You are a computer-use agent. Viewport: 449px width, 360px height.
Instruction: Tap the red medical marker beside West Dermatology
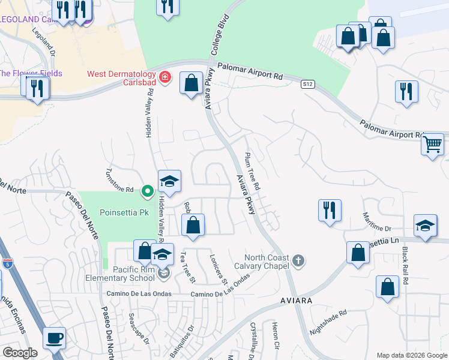click(165, 78)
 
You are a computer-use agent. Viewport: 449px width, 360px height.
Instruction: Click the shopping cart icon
click(432, 144)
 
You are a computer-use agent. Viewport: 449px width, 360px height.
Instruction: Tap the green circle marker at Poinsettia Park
click(147, 191)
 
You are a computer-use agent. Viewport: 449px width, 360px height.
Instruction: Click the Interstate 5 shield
click(7, 263)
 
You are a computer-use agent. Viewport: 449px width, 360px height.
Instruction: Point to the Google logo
click(20, 353)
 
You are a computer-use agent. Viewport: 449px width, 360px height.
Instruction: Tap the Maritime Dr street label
click(376, 222)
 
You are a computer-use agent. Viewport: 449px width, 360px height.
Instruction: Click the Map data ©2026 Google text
click(411, 355)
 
